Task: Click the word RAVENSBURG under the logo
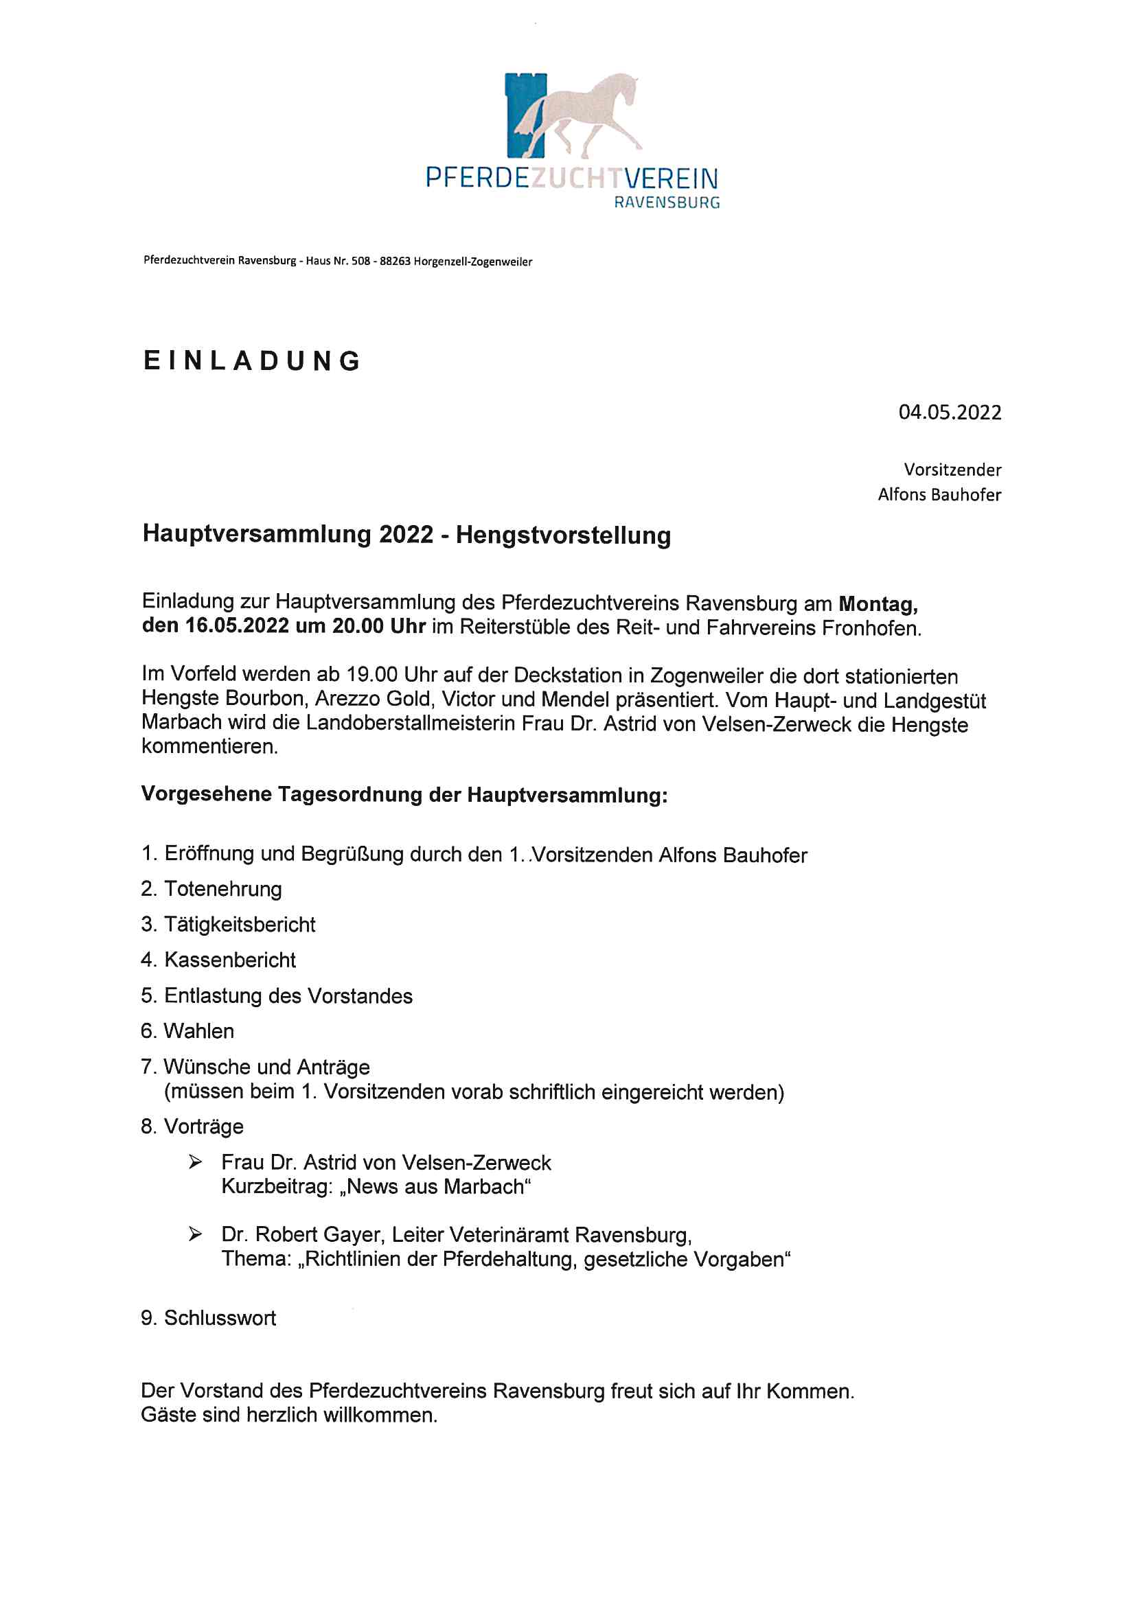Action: click(x=667, y=203)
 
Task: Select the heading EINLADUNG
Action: click(x=252, y=360)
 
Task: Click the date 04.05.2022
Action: click(x=950, y=413)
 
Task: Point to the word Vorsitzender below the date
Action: click(x=952, y=470)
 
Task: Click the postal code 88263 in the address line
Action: click(x=394, y=262)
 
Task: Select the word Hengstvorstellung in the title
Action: click(x=563, y=535)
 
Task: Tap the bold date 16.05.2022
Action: click(x=236, y=625)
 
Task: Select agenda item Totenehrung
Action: click(x=222, y=889)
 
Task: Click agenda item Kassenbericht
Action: click(x=229, y=960)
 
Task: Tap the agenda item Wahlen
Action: click(x=198, y=1031)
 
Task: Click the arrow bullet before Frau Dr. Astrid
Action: click(x=195, y=1162)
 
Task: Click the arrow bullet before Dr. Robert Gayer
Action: click(x=195, y=1234)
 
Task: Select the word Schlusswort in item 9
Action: click(x=220, y=1317)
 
